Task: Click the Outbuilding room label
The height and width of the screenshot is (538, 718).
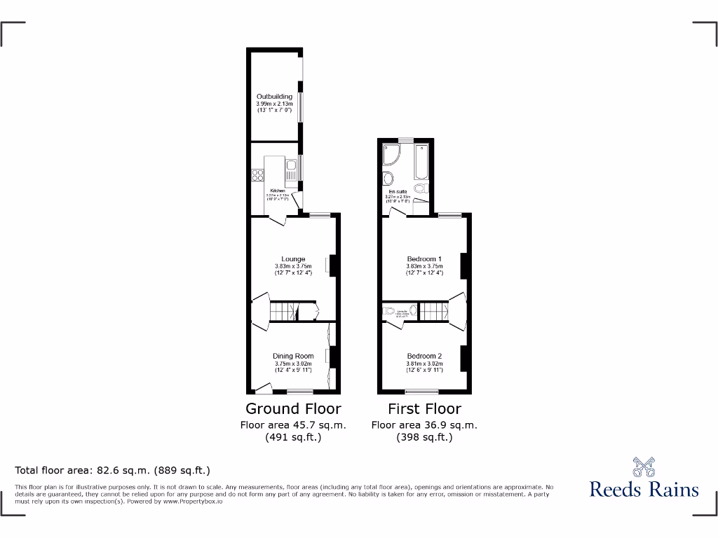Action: [274, 97]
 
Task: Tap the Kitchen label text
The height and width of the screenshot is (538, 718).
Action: [276, 191]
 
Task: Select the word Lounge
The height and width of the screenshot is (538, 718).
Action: [292, 259]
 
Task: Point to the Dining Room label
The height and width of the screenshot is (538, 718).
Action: [293, 356]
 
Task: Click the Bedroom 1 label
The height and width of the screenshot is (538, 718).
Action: [424, 259]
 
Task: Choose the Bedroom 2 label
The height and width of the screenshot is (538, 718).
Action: [424, 356]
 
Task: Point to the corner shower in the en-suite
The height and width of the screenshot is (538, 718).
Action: [391, 156]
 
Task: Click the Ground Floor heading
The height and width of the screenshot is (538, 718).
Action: [293, 408]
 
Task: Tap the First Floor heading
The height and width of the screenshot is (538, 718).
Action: [424, 408]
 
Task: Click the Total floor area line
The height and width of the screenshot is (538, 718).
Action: [113, 470]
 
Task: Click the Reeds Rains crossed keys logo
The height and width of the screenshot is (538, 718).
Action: [644, 467]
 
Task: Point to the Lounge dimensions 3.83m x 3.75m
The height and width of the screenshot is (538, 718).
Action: [292, 266]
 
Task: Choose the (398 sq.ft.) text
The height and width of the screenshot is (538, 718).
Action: [424, 437]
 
